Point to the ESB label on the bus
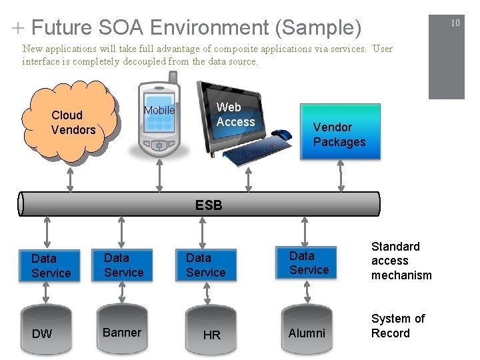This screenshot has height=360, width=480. click(209, 205)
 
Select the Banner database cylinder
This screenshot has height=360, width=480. click(122, 331)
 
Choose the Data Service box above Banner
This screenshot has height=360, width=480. click(124, 265)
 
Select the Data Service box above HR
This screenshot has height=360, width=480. click(207, 265)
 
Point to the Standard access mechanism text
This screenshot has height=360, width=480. click(401, 261)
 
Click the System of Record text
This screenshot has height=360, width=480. click(397, 326)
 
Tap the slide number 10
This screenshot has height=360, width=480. click(455, 23)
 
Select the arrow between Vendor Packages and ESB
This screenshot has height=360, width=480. click(340, 177)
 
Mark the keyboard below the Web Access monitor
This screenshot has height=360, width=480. click(251, 152)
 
